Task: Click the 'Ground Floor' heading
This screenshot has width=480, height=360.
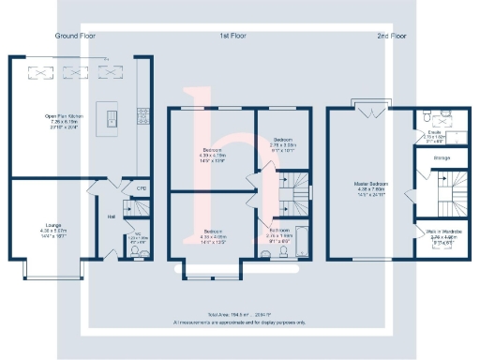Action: [77, 36]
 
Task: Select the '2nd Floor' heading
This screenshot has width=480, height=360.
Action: [392, 36]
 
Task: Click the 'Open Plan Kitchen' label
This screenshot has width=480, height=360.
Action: [63, 116]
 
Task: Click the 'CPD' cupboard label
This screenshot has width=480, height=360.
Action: [142, 188]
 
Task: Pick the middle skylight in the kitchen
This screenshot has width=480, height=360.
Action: [76, 70]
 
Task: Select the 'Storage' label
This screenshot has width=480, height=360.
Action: [441, 157]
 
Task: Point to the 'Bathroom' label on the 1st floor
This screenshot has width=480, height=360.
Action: [279, 230]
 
